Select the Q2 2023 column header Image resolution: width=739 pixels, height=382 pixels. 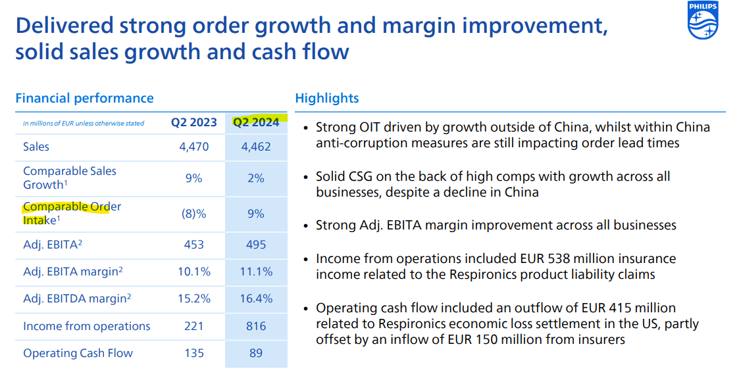194,122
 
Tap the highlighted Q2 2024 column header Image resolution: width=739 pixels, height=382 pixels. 256,122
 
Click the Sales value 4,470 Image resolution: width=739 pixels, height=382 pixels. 194,147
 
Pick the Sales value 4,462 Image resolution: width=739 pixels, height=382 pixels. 256,147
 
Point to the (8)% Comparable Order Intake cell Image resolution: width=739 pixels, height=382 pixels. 194,214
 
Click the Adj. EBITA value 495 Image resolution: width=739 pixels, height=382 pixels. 256,245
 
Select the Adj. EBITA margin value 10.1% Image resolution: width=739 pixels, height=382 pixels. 194,271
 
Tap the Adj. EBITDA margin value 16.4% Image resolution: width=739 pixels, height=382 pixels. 256,298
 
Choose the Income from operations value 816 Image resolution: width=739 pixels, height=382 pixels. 256,326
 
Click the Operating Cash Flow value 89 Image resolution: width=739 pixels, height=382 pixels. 256,353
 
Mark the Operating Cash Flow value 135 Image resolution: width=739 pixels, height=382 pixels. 194,353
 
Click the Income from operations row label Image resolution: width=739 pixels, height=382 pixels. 87,326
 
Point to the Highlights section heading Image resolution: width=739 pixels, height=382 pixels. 327,99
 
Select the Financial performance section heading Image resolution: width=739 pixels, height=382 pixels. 84,99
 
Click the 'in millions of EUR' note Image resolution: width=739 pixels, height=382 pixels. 84,124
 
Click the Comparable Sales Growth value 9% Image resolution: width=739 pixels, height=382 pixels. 194,178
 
